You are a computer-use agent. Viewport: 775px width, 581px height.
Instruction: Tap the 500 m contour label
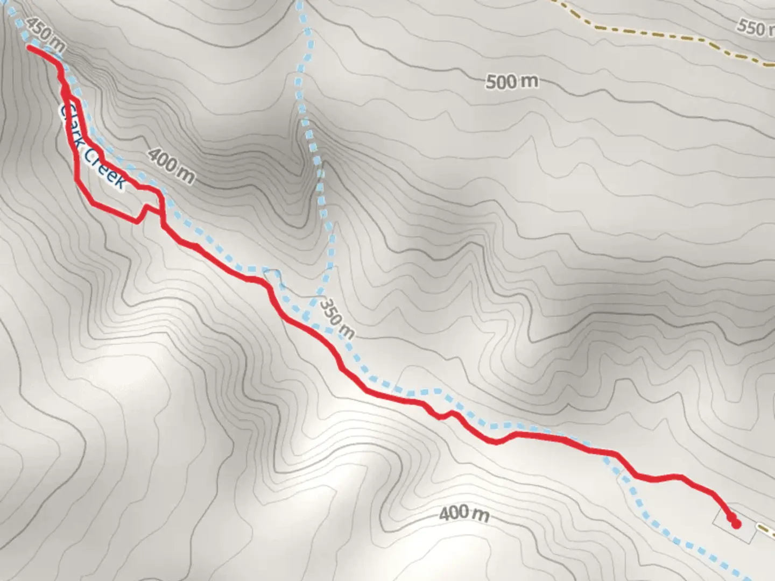click(x=511, y=82)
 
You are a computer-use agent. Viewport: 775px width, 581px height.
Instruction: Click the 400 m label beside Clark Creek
click(x=171, y=165)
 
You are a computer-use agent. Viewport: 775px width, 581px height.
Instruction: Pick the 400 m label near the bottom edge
click(x=464, y=514)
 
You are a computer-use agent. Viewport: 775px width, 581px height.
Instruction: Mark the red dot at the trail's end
click(x=736, y=523)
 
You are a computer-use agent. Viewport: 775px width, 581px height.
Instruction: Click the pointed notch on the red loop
click(x=145, y=207)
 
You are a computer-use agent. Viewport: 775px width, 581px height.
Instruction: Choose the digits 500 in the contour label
click(x=501, y=82)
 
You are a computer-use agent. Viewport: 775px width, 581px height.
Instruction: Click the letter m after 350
click(x=348, y=332)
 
